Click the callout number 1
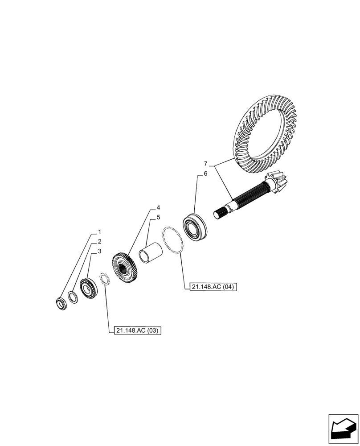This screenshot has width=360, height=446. (99, 232)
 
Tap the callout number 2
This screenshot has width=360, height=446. (99, 242)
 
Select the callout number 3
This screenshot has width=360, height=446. (99, 251)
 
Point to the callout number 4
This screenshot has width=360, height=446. (158, 208)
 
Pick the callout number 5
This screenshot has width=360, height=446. (158, 218)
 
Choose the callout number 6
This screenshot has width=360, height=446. (205, 173)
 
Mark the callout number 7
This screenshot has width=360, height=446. (205, 163)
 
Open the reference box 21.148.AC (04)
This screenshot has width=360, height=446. (212, 287)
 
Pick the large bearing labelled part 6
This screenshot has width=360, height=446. (195, 228)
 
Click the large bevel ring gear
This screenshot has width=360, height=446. (267, 134)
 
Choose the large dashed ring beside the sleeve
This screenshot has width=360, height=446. (172, 241)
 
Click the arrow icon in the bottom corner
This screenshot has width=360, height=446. (343, 429)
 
